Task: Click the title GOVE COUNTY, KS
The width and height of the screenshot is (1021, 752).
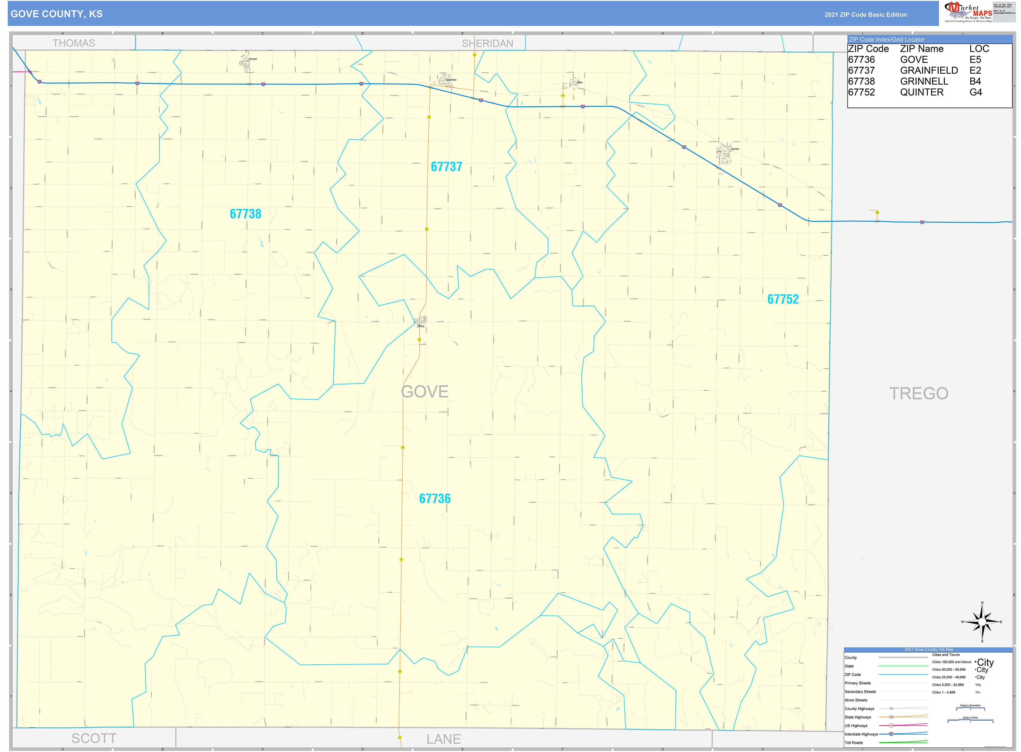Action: [x=56, y=14]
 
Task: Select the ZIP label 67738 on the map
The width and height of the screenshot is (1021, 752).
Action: [x=245, y=214]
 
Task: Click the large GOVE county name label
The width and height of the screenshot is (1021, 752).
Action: [x=424, y=392]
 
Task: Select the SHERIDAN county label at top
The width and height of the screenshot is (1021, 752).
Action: [x=487, y=43]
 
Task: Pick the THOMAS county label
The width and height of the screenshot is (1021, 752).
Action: [x=74, y=43]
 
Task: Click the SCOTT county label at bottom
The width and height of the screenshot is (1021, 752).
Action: [x=94, y=738]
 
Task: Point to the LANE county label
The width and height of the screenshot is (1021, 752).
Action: [x=443, y=739]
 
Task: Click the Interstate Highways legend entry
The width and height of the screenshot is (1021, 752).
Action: [x=861, y=734]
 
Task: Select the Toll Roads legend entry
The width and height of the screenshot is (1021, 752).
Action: [x=853, y=743]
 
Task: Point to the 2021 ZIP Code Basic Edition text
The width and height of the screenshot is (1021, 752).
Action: [x=865, y=14]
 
